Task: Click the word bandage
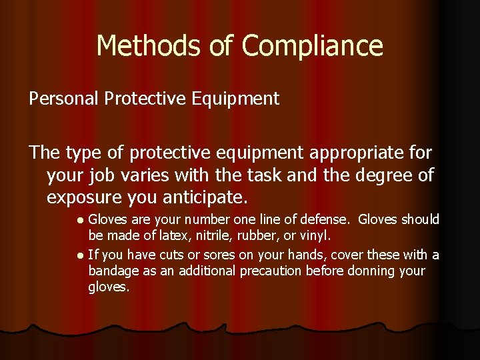(x=111, y=272)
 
